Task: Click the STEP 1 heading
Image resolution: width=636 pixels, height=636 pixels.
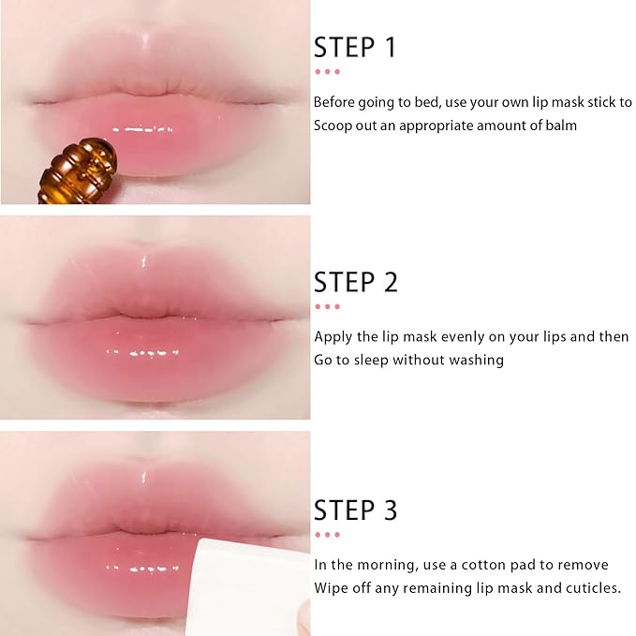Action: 355,48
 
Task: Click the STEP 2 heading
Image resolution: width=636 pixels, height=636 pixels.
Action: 356,282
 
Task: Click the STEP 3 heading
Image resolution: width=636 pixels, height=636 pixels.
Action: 356,510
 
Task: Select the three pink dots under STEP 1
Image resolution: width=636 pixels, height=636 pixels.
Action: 327,71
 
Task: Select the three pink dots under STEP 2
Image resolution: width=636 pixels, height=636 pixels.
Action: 327,305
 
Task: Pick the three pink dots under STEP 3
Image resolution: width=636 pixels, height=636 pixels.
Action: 327,534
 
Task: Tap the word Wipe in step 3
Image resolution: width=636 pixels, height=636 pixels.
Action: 331,588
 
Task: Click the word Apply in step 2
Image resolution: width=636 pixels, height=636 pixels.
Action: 333,336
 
